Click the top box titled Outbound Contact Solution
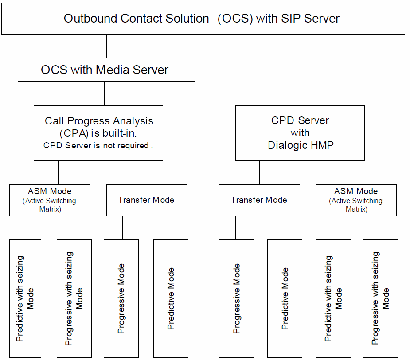(203, 18)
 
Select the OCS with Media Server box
(106, 70)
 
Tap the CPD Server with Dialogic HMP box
(300, 133)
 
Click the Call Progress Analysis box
(98, 133)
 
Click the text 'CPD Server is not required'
(98, 146)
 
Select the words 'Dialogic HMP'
(301, 145)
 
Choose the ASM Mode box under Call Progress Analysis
(50, 200)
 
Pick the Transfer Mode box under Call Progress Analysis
(146, 200)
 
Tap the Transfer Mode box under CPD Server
(259, 200)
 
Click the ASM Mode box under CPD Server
(356, 200)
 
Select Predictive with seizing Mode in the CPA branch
(25, 298)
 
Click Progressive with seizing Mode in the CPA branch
(74, 298)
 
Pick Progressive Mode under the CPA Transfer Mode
(121, 298)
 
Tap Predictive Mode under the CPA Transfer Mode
(171, 298)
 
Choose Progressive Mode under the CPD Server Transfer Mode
(236, 298)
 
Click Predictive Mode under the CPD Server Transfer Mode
(285, 298)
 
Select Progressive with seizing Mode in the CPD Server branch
(380, 298)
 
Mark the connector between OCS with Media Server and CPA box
(104, 93)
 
